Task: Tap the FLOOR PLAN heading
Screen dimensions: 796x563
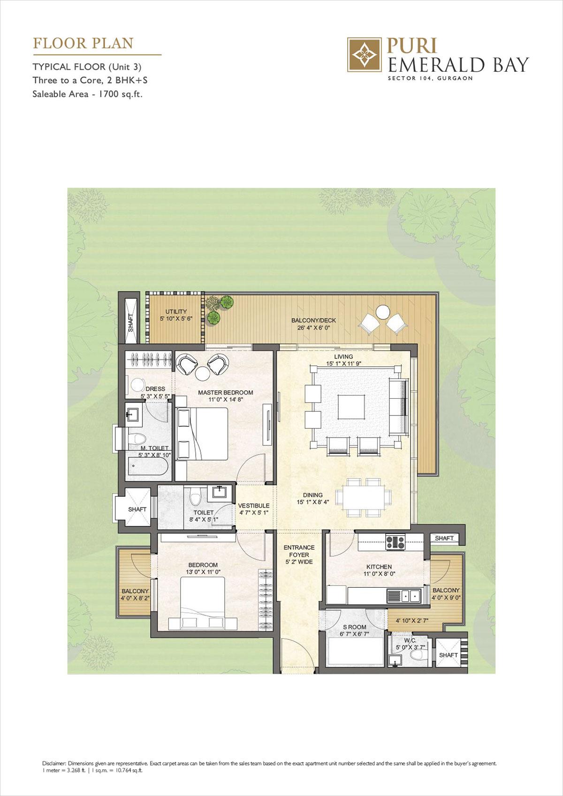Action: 83,43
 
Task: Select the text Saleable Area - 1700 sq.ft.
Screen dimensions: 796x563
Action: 87,93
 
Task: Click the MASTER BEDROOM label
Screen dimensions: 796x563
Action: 225,393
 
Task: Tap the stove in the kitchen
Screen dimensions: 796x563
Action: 395,542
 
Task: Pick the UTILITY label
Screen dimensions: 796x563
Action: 176,311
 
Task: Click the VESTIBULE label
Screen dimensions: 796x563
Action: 253,506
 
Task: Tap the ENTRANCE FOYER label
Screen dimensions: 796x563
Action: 299,551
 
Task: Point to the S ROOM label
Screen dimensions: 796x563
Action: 354,627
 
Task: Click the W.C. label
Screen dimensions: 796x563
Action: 410,640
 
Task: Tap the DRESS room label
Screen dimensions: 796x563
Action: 155,389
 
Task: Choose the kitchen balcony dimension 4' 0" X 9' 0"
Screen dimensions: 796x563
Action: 446,598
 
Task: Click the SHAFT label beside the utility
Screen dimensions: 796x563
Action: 131,322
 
